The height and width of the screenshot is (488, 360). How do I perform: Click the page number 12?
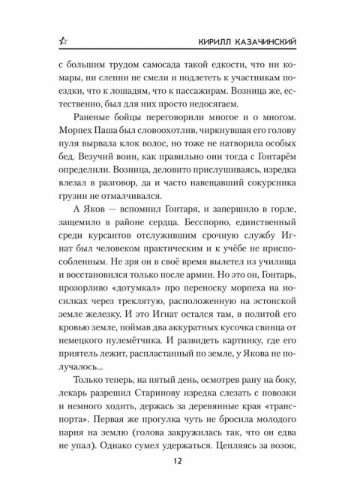(x=179, y=460)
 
